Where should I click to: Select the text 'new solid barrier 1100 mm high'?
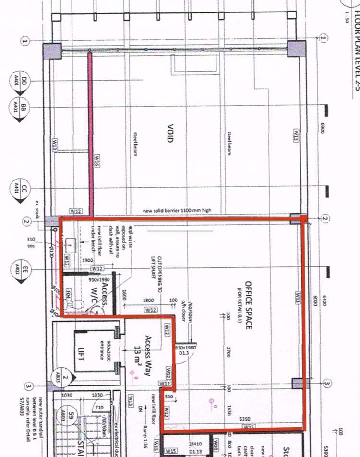click(177, 210)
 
